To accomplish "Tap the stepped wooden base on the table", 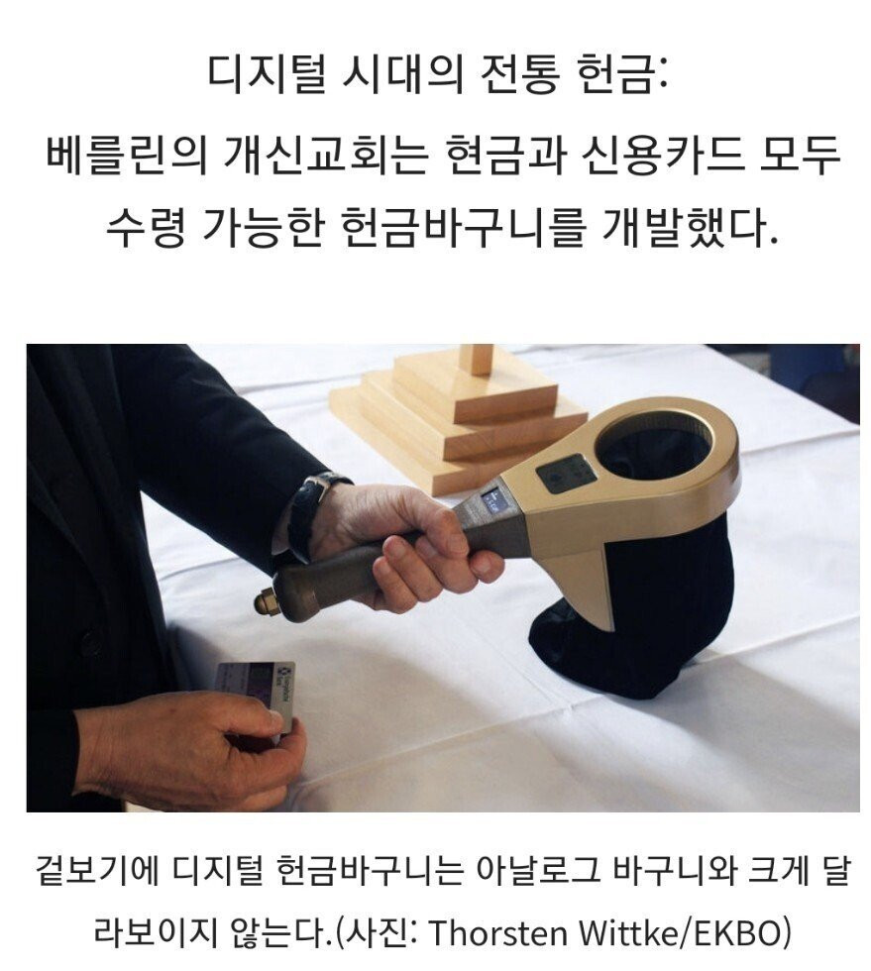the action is pos(459,415).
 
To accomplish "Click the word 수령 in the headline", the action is pos(145,227).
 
